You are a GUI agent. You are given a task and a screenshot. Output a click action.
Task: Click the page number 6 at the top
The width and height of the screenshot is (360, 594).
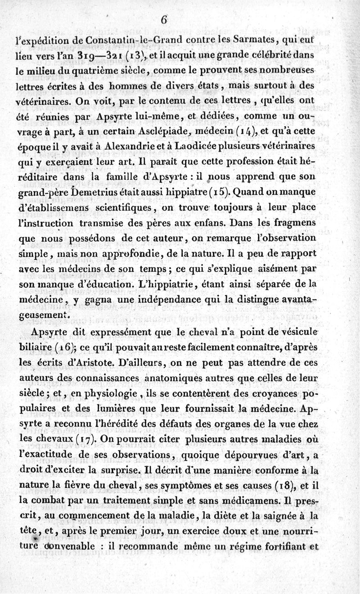(x=164, y=20)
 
